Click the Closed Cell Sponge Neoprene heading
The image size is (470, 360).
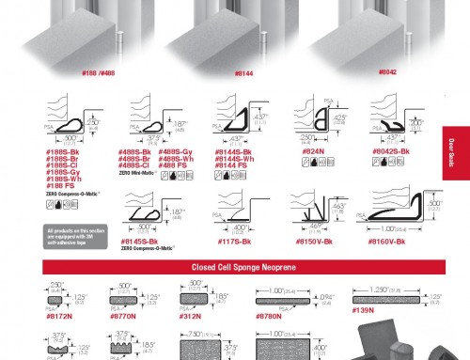point(234,266)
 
